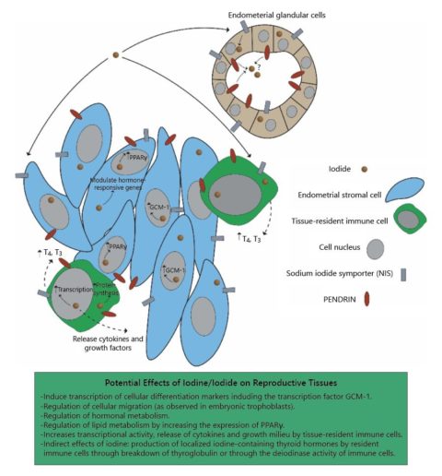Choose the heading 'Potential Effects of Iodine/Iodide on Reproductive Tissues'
[x=221, y=382]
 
